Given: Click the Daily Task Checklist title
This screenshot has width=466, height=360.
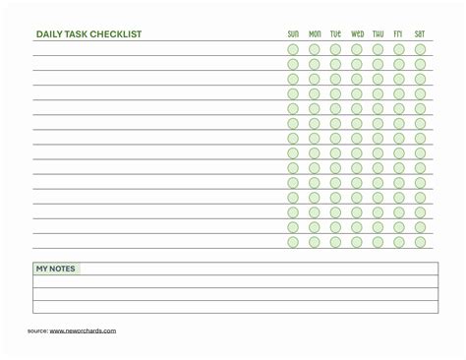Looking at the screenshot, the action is [88, 33].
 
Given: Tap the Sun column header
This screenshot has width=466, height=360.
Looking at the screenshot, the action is [293, 33].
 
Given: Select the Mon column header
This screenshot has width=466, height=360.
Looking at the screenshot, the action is [315, 33].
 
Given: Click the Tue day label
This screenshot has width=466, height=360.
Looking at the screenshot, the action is [335, 33].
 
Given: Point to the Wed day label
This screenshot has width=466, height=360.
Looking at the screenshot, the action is [357, 33].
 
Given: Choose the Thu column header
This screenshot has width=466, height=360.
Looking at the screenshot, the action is [379, 33].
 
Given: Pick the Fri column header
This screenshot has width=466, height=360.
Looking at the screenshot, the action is [399, 33].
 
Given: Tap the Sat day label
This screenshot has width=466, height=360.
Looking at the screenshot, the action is [420, 33].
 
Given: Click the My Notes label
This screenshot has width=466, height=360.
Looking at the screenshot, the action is [55, 269].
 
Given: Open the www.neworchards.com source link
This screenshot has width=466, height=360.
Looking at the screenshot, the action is [83, 330].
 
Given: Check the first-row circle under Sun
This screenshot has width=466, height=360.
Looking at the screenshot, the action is [293, 49].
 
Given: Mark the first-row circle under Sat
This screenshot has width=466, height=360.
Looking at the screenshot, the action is [420, 49].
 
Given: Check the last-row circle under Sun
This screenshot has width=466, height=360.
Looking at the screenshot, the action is [293, 241].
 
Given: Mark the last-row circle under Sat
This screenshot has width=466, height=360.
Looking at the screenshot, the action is [420, 241].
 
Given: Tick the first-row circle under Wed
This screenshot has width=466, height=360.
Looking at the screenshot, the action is [357, 49].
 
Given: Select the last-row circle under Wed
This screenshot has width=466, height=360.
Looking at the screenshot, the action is [357, 241].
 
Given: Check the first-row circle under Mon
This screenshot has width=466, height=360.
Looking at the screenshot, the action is [315, 49].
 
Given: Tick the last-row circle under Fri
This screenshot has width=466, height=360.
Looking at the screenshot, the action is [399, 241].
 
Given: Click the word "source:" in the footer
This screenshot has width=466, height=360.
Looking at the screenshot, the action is [37, 330].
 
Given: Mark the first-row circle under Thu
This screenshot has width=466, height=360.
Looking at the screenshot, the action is [379, 49].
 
